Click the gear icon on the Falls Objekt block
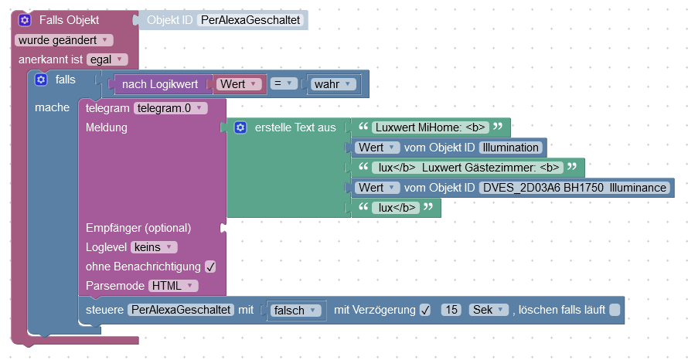pos(25,20)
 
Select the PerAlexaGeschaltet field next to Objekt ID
pos(250,20)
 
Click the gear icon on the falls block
pos(41,80)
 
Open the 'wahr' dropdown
pos(332,83)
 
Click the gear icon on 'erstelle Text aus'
pos(240,127)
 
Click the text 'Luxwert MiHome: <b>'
pos(429,127)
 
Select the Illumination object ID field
pos(511,147)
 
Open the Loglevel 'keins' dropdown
pos(155,247)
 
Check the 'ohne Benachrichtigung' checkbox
pos(210,267)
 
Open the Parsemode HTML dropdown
pos(173,286)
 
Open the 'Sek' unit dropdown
pos(489,310)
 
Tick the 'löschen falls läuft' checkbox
pos(614,310)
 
